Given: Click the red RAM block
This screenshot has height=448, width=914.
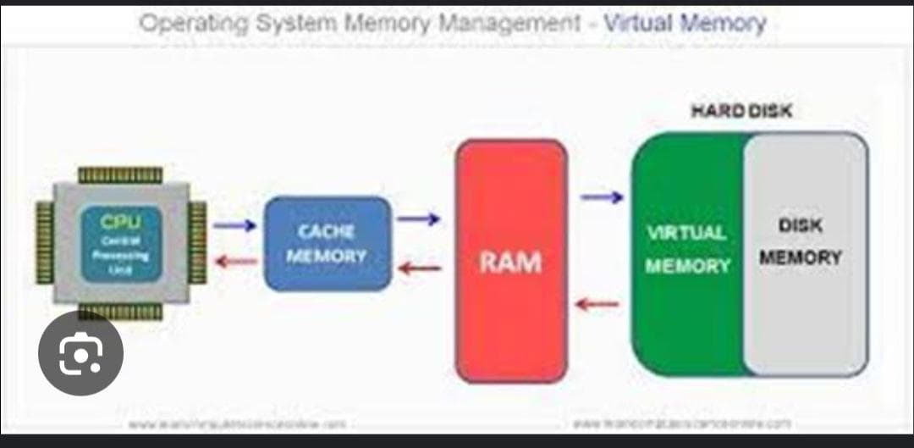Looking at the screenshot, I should [511, 261].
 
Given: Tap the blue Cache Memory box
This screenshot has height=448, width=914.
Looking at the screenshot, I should [328, 243].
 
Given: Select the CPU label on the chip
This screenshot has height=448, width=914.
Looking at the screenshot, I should [120, 223].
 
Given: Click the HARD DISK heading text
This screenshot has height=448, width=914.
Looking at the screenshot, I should [741, 112].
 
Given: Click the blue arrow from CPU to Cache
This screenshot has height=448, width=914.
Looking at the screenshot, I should [234, 225].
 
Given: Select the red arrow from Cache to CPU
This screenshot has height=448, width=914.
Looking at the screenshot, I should [234, 261].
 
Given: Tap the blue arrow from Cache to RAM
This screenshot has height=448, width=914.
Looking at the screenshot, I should [418, 219].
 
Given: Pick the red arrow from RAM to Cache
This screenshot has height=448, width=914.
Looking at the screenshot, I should [420, 268].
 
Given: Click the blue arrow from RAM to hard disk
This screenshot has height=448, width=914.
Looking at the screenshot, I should [602, 197].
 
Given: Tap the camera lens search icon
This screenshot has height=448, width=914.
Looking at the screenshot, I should [81, 353].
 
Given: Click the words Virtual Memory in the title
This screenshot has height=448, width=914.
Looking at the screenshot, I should [685, 23].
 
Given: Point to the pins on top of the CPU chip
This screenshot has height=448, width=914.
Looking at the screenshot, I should [120, 175].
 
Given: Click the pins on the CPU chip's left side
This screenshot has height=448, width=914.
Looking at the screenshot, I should [45, 241].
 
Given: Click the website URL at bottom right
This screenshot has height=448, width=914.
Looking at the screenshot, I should [682, 422].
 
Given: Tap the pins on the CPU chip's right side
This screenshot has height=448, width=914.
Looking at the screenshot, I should [197, 241].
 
